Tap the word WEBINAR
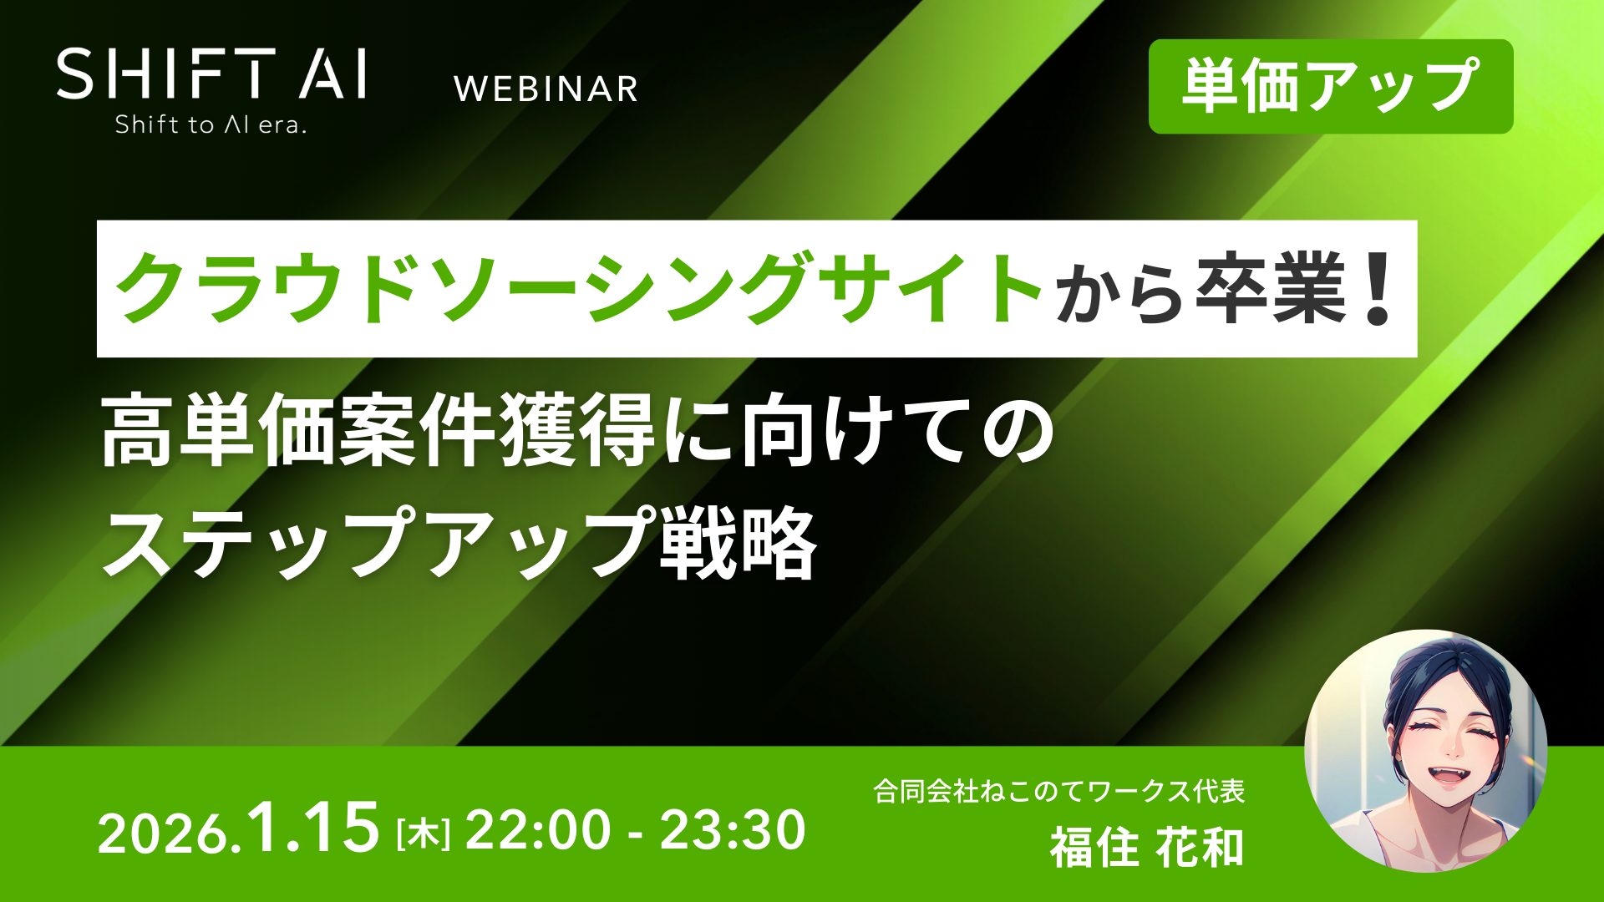546,89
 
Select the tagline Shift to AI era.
211,125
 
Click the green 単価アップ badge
1330,86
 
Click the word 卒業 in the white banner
1270,288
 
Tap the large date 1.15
314,827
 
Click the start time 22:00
538,831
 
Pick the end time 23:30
733,831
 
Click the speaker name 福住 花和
1146,845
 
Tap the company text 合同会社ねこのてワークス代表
1059,790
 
